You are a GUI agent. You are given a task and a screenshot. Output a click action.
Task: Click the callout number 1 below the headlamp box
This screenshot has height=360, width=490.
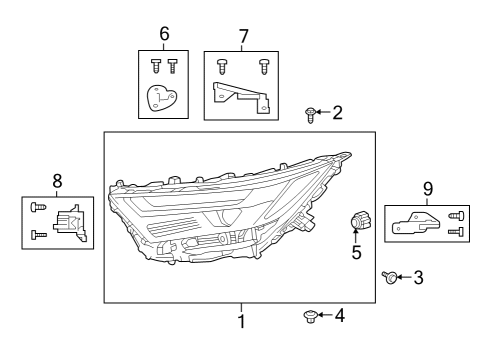click(x=240, y=322)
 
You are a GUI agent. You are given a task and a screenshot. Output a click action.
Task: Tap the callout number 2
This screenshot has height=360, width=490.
click(x=337, y=112)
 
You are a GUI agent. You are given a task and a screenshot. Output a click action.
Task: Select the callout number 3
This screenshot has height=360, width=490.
click(x=418, y=277)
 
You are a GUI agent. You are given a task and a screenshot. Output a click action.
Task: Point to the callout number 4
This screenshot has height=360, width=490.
click(x=339, y=316)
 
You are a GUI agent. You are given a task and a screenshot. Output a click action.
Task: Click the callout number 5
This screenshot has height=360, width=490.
click(x=356, y=253)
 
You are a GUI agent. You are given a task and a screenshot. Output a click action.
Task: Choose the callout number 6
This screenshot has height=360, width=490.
click(x=164, y=33)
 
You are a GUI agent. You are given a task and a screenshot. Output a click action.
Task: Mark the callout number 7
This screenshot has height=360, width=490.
click(x=243, y=36)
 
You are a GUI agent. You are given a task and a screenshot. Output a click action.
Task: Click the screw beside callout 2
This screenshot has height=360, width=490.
click(x=311, y=115)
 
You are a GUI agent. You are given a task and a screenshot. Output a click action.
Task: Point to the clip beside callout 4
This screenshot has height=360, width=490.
click(x=310, y=317)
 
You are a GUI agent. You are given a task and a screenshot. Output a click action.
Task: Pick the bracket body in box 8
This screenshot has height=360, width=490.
click(x=71, y=226)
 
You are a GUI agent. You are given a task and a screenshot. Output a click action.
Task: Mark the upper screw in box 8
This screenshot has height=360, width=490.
click(x=38, y=207)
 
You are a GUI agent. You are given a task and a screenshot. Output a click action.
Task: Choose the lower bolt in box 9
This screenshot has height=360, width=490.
click(x=458, y=232)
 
